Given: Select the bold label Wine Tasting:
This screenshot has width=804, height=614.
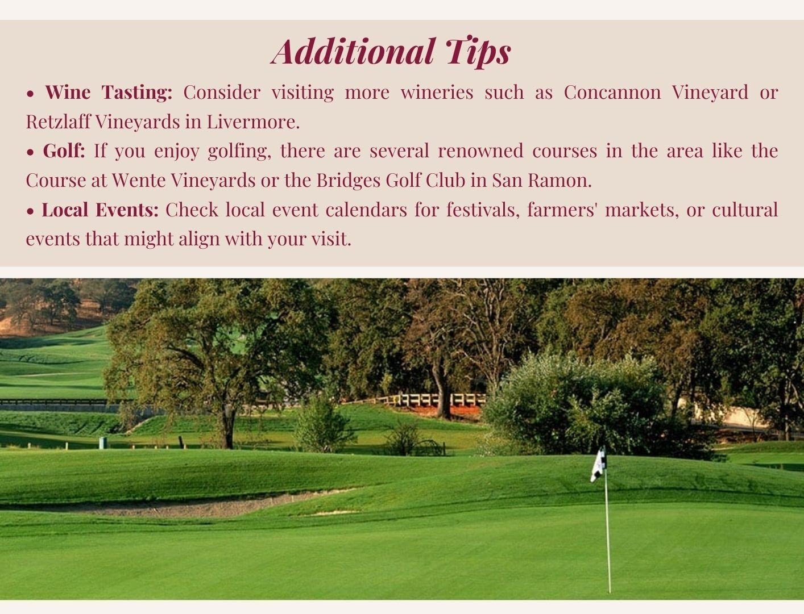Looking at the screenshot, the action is [109, 92].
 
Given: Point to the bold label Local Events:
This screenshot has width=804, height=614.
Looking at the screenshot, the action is [101, 209].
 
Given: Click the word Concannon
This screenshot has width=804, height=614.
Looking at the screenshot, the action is [612, 92].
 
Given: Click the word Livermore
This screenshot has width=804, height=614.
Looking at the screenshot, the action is [253, 122].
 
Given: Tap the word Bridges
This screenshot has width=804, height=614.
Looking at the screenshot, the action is [349, 181].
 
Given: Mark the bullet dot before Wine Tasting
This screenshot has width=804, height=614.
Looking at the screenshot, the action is [30, 94].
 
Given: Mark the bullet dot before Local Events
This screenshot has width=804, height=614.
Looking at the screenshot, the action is [30, 211].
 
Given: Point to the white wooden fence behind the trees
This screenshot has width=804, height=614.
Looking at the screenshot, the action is [436, 400].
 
